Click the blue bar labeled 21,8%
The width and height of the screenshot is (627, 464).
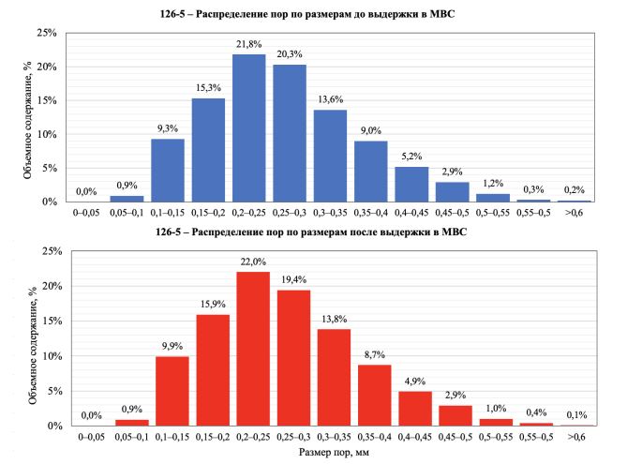248,128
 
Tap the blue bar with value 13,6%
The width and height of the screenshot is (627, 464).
329,156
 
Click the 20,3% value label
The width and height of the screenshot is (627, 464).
289,53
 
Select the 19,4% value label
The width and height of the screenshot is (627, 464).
293,280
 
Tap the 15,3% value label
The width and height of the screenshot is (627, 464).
208,87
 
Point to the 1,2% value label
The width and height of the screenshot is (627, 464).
490,183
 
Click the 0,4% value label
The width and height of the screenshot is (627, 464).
537,412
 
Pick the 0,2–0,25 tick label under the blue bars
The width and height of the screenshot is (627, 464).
248,214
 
